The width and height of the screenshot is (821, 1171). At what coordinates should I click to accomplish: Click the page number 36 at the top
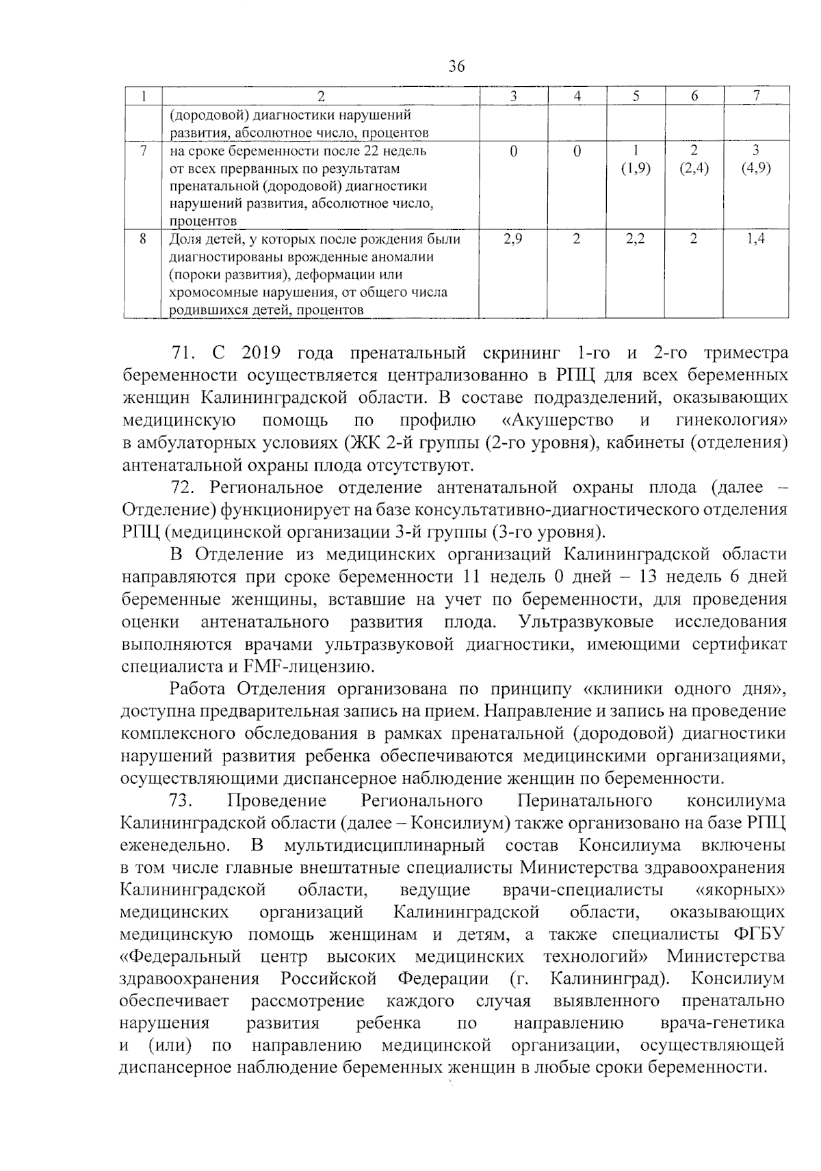(x=457, y=66)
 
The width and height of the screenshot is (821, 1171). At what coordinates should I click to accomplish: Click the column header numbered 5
(x=636, y=96)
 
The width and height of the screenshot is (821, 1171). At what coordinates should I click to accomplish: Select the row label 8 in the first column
(x=142, y=239)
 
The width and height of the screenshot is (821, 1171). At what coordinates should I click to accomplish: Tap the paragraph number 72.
(x=184, y=488)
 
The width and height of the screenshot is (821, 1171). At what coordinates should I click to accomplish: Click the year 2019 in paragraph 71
(x=259, y=354)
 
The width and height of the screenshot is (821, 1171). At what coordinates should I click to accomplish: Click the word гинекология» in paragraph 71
(x=731, y=420)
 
